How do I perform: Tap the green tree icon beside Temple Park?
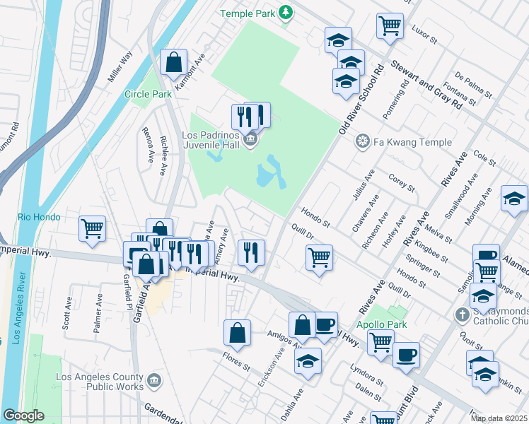point(285,12)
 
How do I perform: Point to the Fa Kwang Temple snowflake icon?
point(363,142)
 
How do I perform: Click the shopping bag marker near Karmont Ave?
point(173,62)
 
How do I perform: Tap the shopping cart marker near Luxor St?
point(390,25)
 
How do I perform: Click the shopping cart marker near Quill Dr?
point(320,257)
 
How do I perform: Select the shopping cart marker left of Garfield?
point(93,228)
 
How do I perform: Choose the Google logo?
point(23,416)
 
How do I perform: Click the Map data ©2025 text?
point(499,418)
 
